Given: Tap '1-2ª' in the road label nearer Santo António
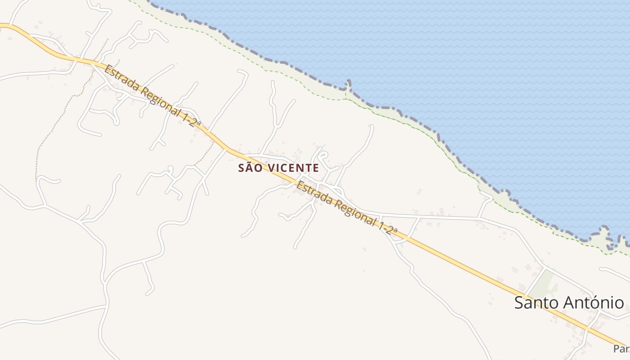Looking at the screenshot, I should pos(388,229).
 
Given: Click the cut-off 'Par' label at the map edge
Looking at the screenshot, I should pos(621,349).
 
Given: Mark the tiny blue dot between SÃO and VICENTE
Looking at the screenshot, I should pos(266,163).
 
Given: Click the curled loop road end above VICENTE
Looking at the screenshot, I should pos(323,156).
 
